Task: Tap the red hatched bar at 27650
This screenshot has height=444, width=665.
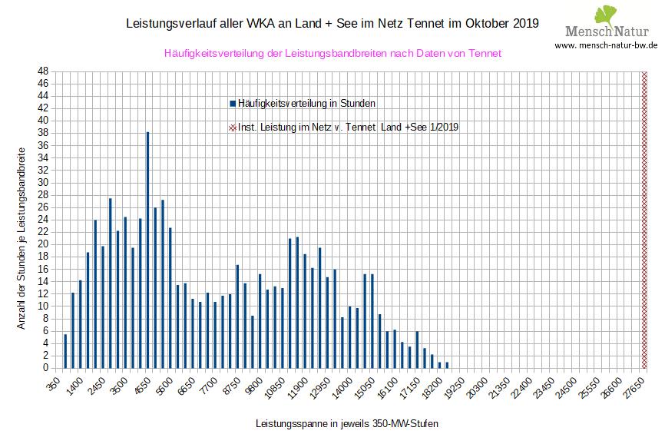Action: tap(644, 219)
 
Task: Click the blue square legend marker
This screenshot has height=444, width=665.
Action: tap(233, 103)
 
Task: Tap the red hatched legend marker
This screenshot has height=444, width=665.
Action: tap(233, 127)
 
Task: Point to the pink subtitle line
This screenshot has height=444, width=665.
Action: tap(332, 53)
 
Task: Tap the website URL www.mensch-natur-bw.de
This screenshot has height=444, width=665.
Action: tap(607, 45)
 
